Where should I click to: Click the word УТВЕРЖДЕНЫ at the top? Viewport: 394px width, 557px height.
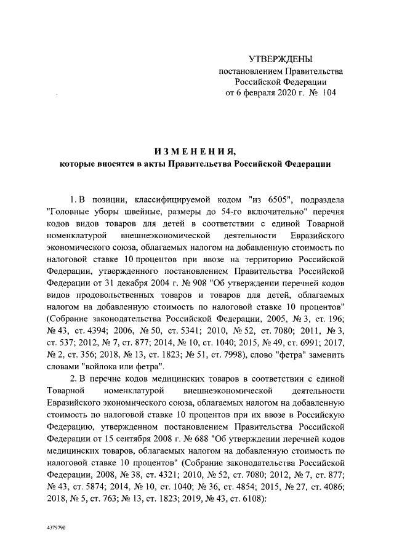pyautogui.click(x=280, y=59)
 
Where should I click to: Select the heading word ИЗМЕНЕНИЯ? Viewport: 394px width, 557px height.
pyautogui.click(x=195, y=151)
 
